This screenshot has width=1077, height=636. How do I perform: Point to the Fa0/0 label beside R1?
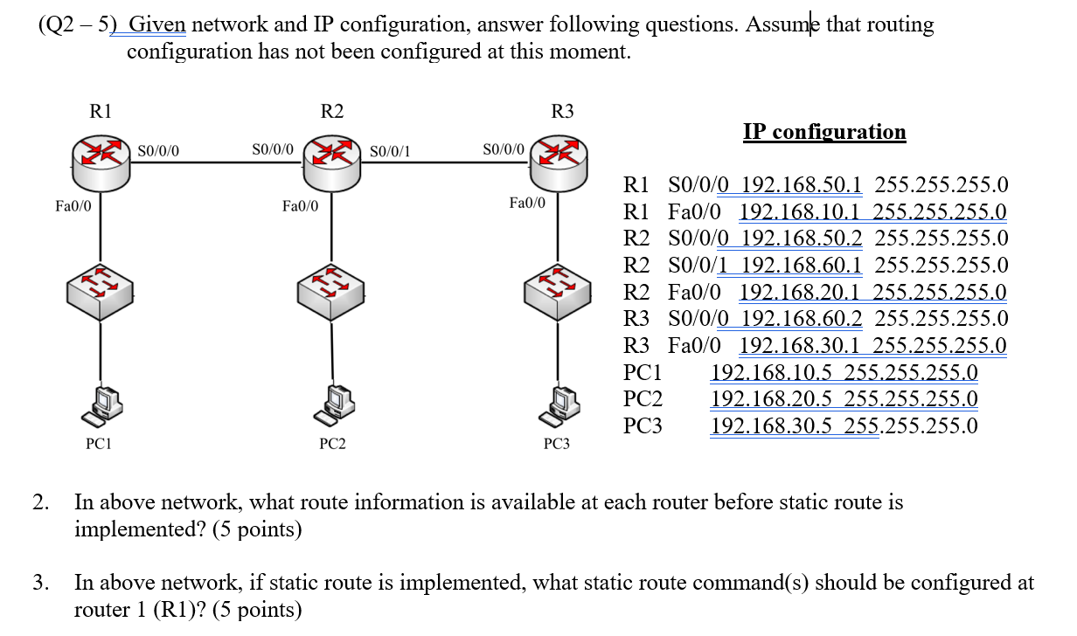(73, 207)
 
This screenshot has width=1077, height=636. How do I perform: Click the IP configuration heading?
(824, 132)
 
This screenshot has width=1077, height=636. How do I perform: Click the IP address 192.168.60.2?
(802, 318)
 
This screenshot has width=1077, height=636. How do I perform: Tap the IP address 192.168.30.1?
(801, 345)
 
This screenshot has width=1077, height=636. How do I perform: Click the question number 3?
(40, 583)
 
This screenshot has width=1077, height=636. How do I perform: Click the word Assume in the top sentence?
(782, 24)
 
